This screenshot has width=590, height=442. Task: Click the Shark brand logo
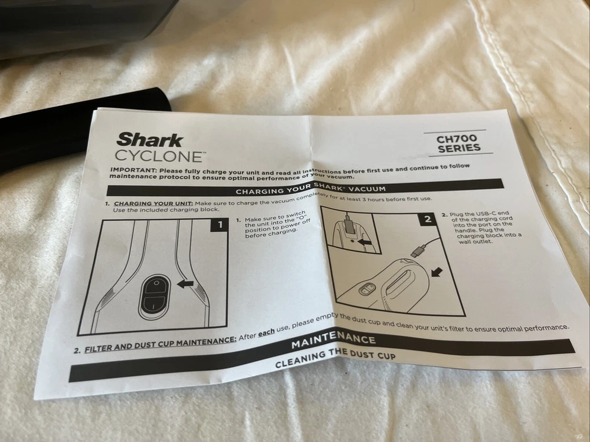[150, 140]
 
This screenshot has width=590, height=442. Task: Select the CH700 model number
[457, 138]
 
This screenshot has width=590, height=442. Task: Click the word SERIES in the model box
[459, 148]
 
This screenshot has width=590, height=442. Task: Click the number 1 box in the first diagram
[219, 225]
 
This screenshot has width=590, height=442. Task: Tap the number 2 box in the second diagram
[427, 219]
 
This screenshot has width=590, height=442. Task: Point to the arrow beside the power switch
[185, 284]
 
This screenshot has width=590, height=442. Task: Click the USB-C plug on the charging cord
[418, 250]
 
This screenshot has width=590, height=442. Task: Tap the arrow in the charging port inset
[364, 242]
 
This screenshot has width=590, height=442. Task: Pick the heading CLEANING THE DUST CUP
[335, 358]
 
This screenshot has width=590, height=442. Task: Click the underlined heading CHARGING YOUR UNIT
[153, 204]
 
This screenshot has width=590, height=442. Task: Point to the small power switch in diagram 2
[367, 289]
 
